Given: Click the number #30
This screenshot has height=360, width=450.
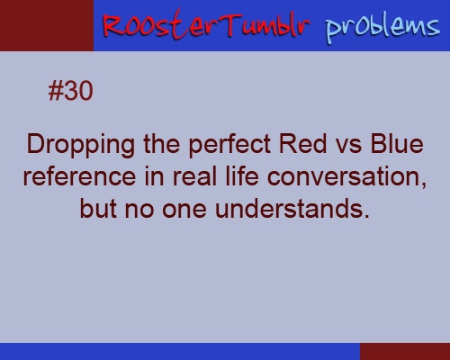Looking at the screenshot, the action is [70, 91].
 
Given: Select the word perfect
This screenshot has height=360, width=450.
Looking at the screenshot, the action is [229, 144].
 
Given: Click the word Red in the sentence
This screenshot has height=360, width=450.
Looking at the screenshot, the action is [303, 144].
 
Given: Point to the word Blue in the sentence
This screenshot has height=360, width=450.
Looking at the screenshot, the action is [397, 144].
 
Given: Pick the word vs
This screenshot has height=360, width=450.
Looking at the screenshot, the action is [348, 147].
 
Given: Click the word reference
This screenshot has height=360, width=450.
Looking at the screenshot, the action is [79, 176].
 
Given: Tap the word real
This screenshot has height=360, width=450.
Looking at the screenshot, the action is [194, 176].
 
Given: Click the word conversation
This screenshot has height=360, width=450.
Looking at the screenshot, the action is [346, 177].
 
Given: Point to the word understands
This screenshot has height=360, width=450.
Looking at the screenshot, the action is [292, 209].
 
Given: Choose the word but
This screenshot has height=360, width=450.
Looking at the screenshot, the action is [98, 209].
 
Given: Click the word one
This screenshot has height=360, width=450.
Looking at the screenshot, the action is [184, 211].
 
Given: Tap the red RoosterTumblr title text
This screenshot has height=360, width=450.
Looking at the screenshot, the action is [207, 25].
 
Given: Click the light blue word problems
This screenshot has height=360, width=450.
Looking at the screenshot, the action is [382, 29].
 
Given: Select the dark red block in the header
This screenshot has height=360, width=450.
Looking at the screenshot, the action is [47, 25].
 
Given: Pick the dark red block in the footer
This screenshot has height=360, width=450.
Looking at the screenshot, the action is [405, 352].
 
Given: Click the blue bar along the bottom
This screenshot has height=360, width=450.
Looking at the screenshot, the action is [180, 352].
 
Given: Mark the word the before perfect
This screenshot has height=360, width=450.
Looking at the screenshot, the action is [162, 144].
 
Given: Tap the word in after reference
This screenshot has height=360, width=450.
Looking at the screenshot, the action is [154, 176].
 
